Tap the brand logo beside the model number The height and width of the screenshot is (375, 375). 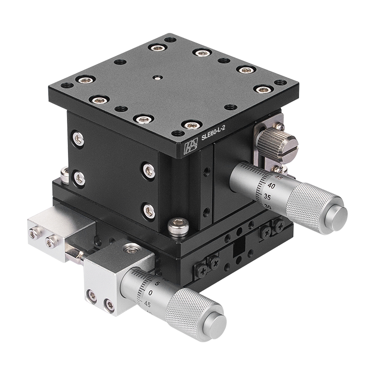point(191,146)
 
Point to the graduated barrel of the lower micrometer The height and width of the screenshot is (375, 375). point(145,291)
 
